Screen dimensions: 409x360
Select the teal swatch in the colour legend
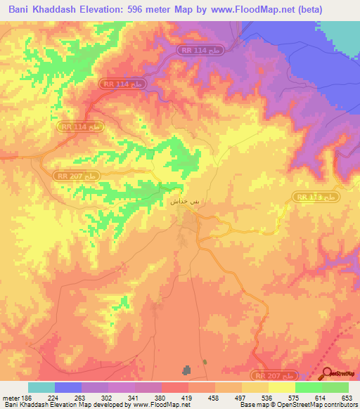[41, 387]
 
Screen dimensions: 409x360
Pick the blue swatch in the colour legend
[68, 387]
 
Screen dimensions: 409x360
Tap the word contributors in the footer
[340, 405]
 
